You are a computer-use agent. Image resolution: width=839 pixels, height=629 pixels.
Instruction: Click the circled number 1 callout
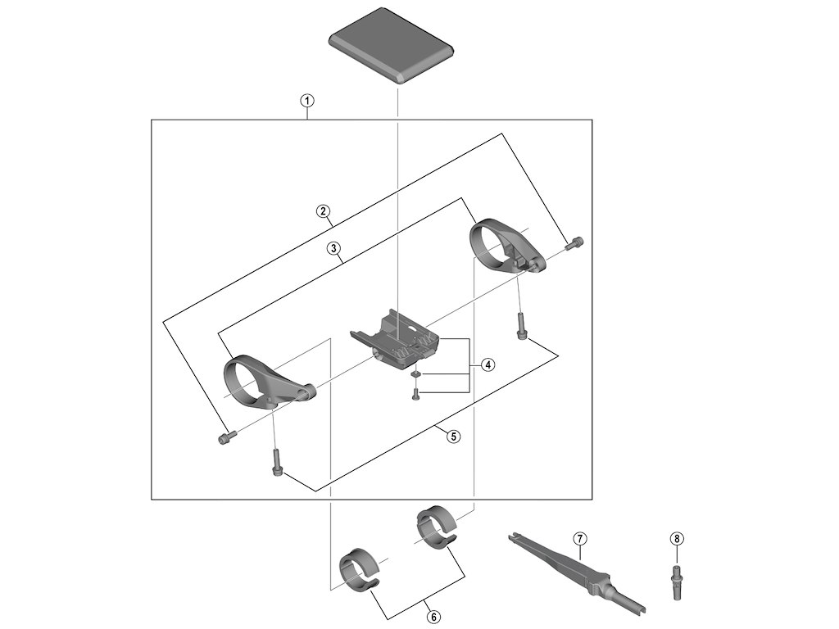[306, 102]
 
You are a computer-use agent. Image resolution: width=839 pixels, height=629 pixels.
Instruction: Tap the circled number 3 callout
[333, 248]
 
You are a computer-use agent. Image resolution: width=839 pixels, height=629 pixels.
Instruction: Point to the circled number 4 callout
[488, 364]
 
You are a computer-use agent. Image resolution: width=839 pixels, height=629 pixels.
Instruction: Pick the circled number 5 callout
[453, 436]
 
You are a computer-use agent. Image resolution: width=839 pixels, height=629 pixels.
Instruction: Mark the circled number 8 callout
[676, 538]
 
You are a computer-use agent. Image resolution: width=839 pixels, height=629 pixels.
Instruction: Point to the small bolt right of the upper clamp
[575, 242]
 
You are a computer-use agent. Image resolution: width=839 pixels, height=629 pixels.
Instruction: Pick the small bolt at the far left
[225, 438]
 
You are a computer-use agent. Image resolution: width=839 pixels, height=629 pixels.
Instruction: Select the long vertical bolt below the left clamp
[275, 462]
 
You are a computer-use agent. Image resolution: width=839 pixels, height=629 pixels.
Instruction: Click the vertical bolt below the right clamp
[521, 326]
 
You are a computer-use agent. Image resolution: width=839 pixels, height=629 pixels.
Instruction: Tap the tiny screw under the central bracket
[415, 393]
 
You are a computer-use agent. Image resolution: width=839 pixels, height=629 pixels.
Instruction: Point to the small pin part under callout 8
[676, 581]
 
